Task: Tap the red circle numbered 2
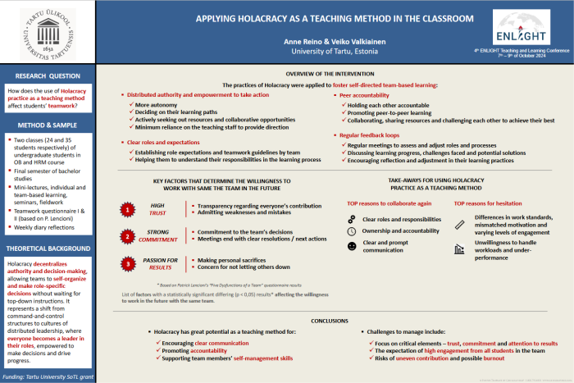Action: tap(128, 237)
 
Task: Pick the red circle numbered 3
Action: tap(128, 263)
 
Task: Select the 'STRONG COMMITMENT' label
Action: tap(158, 237)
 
